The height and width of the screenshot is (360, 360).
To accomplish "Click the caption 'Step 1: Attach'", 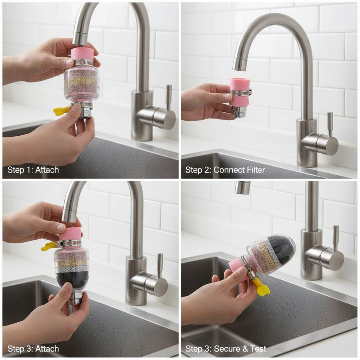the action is (x=33, y=170).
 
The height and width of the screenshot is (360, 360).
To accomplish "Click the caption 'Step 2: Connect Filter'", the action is (x=225, y=170).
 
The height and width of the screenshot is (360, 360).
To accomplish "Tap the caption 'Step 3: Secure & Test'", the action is (x=226, y=349).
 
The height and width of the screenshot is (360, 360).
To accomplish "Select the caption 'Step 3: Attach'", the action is (x=33, y=349).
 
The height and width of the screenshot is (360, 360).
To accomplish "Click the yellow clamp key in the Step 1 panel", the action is (x=61, y=110).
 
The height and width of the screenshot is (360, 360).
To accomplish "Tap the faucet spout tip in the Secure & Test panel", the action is (x=242, y=188).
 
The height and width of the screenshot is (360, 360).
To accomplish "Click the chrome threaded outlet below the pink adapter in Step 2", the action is (x=239, y=112).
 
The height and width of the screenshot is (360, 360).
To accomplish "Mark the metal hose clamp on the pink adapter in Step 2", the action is (x=240, y=92).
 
